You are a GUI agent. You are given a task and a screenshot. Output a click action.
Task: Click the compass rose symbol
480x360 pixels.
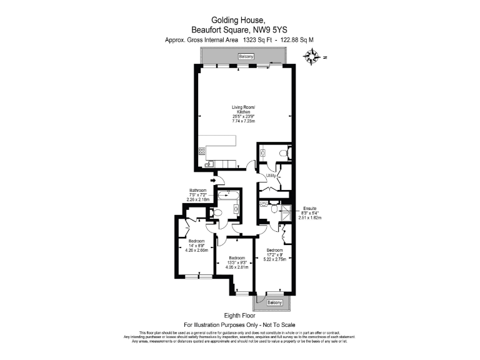(311, 58)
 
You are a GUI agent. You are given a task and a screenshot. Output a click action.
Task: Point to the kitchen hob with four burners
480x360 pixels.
(202, 151)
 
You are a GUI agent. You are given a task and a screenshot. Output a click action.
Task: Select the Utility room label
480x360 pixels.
(271, 177)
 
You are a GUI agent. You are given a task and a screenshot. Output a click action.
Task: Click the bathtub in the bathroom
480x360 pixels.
(228, 196)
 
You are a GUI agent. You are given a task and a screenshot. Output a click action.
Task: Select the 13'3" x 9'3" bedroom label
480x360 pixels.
(237, 262)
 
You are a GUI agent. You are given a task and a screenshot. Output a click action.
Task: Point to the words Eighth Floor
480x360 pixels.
(240, 316)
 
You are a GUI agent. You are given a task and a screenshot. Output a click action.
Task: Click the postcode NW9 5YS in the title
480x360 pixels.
(271, 29)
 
